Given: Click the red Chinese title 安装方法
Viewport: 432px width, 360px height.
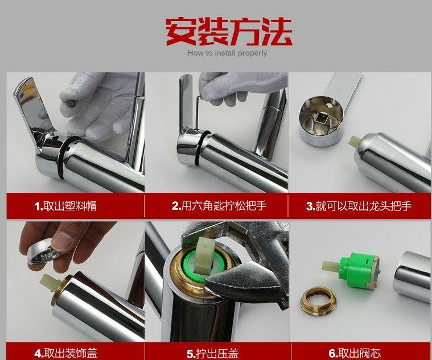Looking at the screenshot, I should coord(228,31).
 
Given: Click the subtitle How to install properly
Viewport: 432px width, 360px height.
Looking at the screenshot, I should coord(227,53).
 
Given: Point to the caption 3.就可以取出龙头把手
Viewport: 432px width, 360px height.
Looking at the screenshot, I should coord(359,206).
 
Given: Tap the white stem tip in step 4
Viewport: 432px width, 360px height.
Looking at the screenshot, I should coord(48,282).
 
